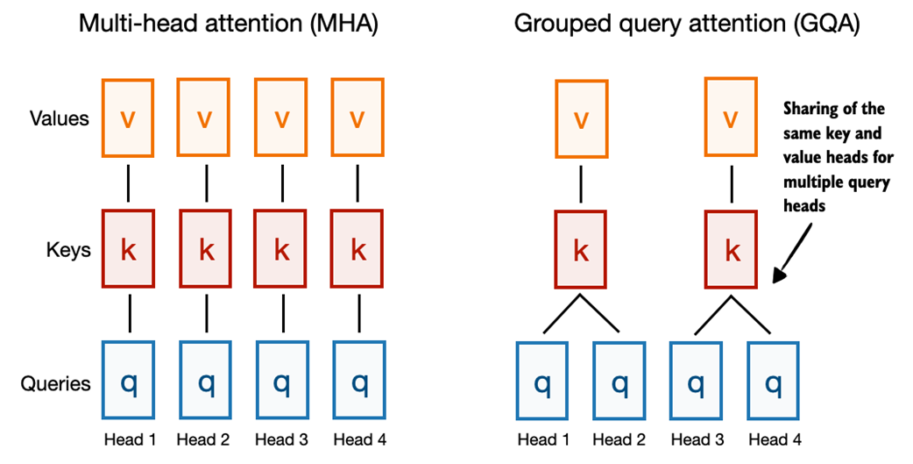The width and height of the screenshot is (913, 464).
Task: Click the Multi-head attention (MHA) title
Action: pyautogui.click(x=228, y=24)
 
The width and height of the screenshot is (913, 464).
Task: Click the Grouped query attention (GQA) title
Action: pyautogui.click(x=687, y=24)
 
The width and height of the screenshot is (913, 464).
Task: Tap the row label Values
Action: pyautogui.click(x=59, y=118)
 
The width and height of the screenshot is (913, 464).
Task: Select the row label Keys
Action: pyautogui.click(x=67, y=251)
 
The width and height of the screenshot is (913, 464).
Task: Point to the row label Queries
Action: pyautogui.click(x=56, y=383)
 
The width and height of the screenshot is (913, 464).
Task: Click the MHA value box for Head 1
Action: pyautogui.click(x=129, y=118)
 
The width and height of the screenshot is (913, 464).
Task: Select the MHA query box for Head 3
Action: pyautogui.click(x=281, y=382)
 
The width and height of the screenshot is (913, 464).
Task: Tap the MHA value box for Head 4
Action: pyautogui.click(x=358, y=118)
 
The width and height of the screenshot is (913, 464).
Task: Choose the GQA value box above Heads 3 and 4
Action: pyautogui.click(x=732, y=118)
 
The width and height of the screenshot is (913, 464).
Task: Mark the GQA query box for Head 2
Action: pyautogui.click(x=619, y=382)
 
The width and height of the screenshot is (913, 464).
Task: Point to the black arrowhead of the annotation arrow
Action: pyautogui.click(x=779, y=276)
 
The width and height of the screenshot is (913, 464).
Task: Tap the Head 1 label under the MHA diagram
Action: pyautogui.click(x=129, y=439)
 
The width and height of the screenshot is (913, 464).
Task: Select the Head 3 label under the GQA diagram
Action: pyautogui.click(x=696, y=439)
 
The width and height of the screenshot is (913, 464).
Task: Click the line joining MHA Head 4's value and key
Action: pyautogui.click(x=358, y=184)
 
